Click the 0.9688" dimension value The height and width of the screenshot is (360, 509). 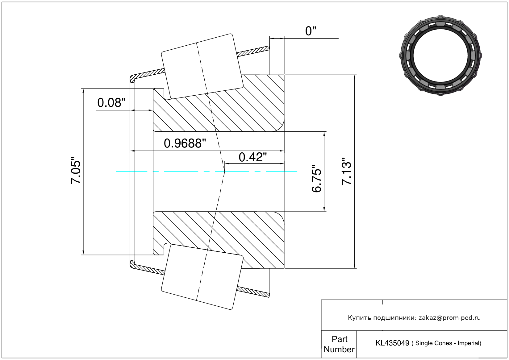pos(185,143)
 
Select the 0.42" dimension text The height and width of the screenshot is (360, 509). pos(253,157)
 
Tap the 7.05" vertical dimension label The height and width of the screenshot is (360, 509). pos(76,170)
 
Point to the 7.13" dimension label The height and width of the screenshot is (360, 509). pos(346,172)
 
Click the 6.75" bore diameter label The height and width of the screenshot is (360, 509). pos(316,179)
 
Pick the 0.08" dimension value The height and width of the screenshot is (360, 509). pos(111,103)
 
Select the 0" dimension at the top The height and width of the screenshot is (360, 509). pos(311,31)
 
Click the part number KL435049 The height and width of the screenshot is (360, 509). pos(392,343)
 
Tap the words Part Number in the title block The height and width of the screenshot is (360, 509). pos(339,344)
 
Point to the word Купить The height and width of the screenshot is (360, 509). pos(359,318)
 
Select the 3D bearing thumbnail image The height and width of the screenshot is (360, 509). pos(440,56)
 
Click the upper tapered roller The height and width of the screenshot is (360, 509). pos(202,66)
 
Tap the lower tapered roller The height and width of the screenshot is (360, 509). pos(202,277)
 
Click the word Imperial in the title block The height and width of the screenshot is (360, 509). pos(469,343)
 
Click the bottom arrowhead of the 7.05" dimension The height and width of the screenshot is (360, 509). pos(83,252)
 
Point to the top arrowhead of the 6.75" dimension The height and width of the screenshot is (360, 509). pos(324,134)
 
